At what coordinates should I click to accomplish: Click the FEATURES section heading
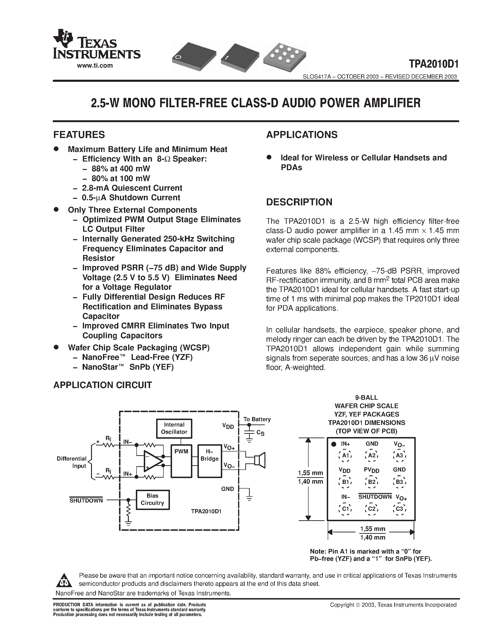pos(79,134)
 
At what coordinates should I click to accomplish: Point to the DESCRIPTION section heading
pos(299,202)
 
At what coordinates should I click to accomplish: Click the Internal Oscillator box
pos(174,428)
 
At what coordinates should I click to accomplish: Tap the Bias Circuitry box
pos(152,499)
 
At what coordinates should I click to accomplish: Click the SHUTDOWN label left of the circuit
pos(86,500)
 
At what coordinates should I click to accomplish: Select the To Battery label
pos(257,419)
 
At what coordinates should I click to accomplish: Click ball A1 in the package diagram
pos(345,455)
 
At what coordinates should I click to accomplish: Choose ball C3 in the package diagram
pos(399,508)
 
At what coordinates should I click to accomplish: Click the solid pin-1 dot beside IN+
pos(334,444)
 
